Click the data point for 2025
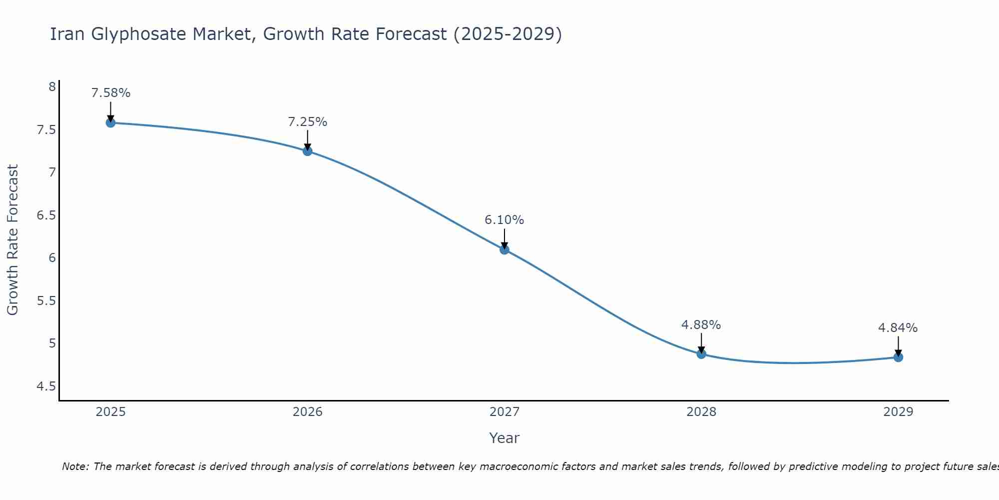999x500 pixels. pos(110,123)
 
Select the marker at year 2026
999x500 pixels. pos(308,151)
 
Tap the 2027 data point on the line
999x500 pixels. pos(504,249)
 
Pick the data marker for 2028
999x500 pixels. pos(701,354)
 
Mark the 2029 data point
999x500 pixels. pos(898,357)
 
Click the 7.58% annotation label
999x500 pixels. pos(110,93)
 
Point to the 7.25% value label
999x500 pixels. pos(308,122)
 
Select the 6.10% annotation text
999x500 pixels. pos(504,220)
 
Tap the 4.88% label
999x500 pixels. pos(701,325)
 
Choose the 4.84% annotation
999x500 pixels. pos(898,328)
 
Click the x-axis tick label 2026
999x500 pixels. pos(308,412)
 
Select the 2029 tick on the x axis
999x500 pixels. pos(898,412)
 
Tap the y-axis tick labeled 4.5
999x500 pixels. pos(46,386)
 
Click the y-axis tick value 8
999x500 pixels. pos(52,87)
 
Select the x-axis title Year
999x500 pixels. pos(504,438)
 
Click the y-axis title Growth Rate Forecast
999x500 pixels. pos(12,240)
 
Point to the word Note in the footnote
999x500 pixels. pos(75,466)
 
